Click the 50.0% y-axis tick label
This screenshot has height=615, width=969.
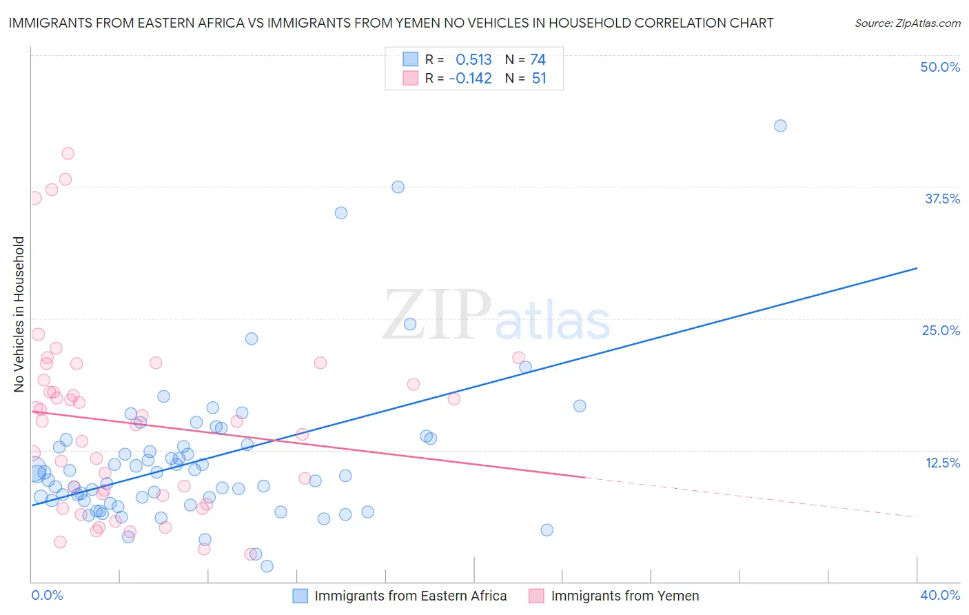(940, 67)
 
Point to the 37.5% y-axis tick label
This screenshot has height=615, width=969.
(942, 199)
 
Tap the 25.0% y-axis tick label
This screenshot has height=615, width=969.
(941, 330)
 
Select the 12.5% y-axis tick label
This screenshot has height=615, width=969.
(942, 463)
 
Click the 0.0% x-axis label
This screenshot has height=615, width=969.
(47, 595)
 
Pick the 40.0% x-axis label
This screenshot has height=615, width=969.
(940, 595)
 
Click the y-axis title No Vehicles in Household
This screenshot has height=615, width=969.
(19, 314)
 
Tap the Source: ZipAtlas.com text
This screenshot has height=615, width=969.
(907, 23)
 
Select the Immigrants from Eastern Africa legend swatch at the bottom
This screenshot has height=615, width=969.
(300, 596)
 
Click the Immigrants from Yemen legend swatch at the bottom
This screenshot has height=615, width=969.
(536, 596)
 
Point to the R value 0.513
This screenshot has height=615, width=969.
(473, 59)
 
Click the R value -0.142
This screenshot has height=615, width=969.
(470, 79)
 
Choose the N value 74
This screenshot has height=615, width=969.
(538, 59)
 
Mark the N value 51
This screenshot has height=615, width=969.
(539, 79)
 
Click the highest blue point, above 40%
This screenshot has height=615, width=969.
(780, 125)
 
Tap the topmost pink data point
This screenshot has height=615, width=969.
(68, 153)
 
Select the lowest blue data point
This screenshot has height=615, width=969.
(267, 566)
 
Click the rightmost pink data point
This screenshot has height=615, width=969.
(518, 357)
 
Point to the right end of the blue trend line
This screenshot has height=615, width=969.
(917, 268)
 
